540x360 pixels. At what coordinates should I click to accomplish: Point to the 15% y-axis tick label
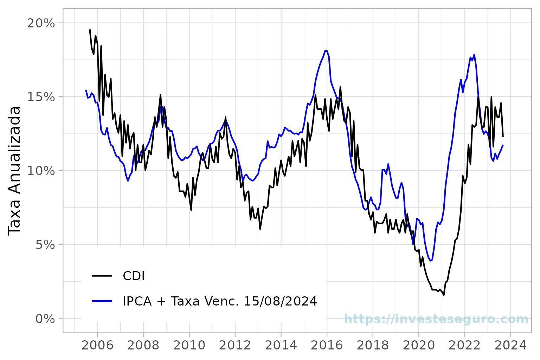tap(41, 97)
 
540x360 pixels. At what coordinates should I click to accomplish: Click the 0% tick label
tap(45, 319)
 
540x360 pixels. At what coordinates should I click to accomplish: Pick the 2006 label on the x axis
tap(97, 345)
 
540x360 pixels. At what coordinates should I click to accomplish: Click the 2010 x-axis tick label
tap(189, 345)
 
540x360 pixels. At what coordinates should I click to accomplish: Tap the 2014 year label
tap(281, 345)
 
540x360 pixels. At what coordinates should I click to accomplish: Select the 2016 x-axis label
tap(327, 345)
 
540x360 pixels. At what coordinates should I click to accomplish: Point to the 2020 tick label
tap(419, 345)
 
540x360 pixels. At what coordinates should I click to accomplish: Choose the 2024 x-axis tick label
tap(510, 345)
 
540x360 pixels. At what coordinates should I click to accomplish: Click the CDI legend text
tap(134, 276)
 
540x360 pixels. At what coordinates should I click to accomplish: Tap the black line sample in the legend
tap(102, 276)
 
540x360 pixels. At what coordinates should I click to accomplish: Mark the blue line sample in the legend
tap(102, 301)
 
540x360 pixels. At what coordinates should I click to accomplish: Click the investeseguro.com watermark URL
tap(436, 319)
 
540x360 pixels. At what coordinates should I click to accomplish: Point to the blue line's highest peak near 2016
tap(326, 51)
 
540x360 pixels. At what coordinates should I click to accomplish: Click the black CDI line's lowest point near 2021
tap(444, 295)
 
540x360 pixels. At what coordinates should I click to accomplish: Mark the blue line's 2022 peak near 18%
tap(474, 54)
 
